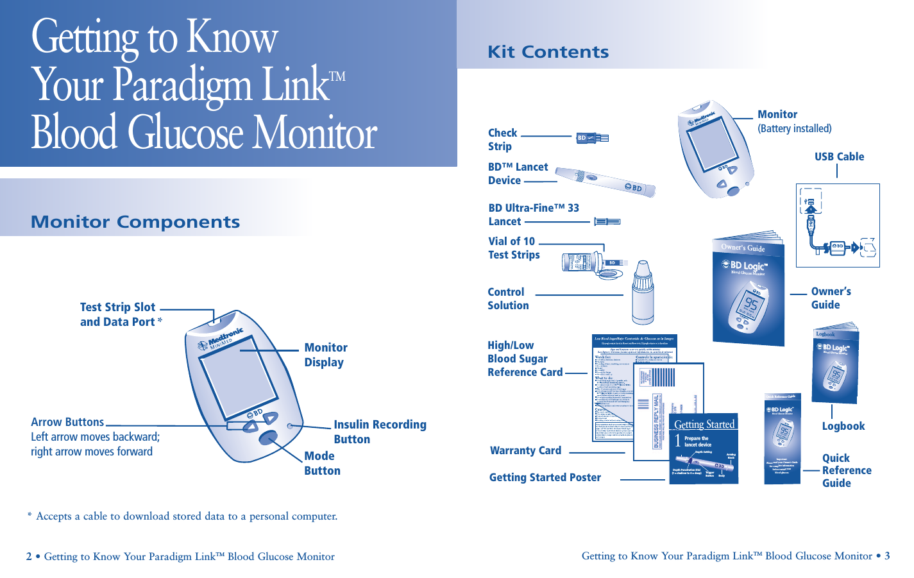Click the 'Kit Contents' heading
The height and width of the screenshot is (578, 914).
[548, 52]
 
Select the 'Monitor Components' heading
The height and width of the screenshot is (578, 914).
[135, 222]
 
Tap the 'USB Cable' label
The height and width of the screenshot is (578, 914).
[839, 157]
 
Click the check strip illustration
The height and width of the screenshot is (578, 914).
[592, 137]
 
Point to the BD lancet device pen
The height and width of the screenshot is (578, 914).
[605, 181]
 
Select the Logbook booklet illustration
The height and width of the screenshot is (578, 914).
[835, 364]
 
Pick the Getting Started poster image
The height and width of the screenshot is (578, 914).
[704, 448]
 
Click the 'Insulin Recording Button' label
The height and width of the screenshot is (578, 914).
[380, 432]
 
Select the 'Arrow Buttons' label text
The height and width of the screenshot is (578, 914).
[67, 422]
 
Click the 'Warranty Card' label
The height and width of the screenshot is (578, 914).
[525, 450]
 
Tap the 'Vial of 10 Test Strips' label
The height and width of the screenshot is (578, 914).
[513, 248]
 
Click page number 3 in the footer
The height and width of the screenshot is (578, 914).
[887, 556]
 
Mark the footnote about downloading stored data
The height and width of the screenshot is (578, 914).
[183, 516]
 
